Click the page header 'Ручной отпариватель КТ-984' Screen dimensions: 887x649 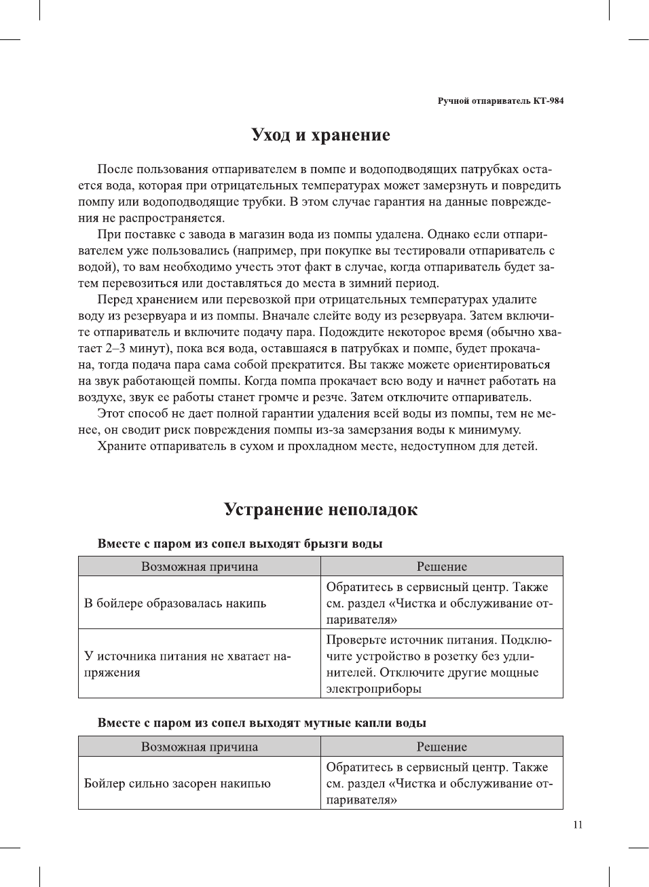tap(500, 101)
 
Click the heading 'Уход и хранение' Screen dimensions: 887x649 tap(320, 135)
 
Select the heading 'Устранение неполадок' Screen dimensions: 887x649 tap(320, 510)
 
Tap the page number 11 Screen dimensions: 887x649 tap(578, 825)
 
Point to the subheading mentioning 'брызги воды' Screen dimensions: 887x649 tap(240, 544)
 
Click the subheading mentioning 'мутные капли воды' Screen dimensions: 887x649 tap(261, 723)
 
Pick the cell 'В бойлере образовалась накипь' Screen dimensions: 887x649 tap(175, 603)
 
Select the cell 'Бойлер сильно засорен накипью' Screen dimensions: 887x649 tap(177, 783)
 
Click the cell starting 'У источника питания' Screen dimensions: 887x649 tap(187, 664)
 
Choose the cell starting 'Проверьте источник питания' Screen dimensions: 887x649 tap(439, 664)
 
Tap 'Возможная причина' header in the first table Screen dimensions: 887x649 tap(200, 567)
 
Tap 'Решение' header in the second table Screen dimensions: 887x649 tap(442, 747)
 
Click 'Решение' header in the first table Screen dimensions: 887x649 tap(442, 567)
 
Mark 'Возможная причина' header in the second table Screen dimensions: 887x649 tap(200, 747)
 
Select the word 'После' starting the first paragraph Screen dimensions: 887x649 tap(115, 170)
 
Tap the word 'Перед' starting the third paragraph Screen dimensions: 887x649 tap(115, 300)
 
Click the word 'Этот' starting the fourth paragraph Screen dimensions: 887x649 tap(111, 414)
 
